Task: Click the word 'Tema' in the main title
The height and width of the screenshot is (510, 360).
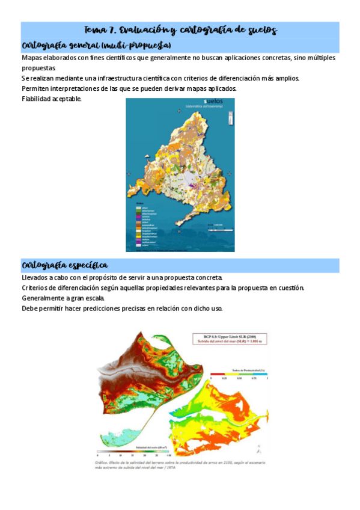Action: tap(94, 30)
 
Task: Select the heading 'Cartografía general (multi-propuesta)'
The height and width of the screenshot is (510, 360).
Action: tap(96, 46)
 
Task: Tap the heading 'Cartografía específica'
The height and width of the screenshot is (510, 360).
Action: tap(65, 265)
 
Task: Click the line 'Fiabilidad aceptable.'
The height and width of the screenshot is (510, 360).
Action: tap(51, 99)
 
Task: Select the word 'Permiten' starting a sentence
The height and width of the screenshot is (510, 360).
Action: tap(35, 88)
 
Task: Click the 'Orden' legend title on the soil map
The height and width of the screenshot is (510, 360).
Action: tap(138, 203)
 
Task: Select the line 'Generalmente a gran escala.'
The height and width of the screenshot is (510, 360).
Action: tap(63, 298)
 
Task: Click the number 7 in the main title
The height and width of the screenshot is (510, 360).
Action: tap(113, 30)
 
